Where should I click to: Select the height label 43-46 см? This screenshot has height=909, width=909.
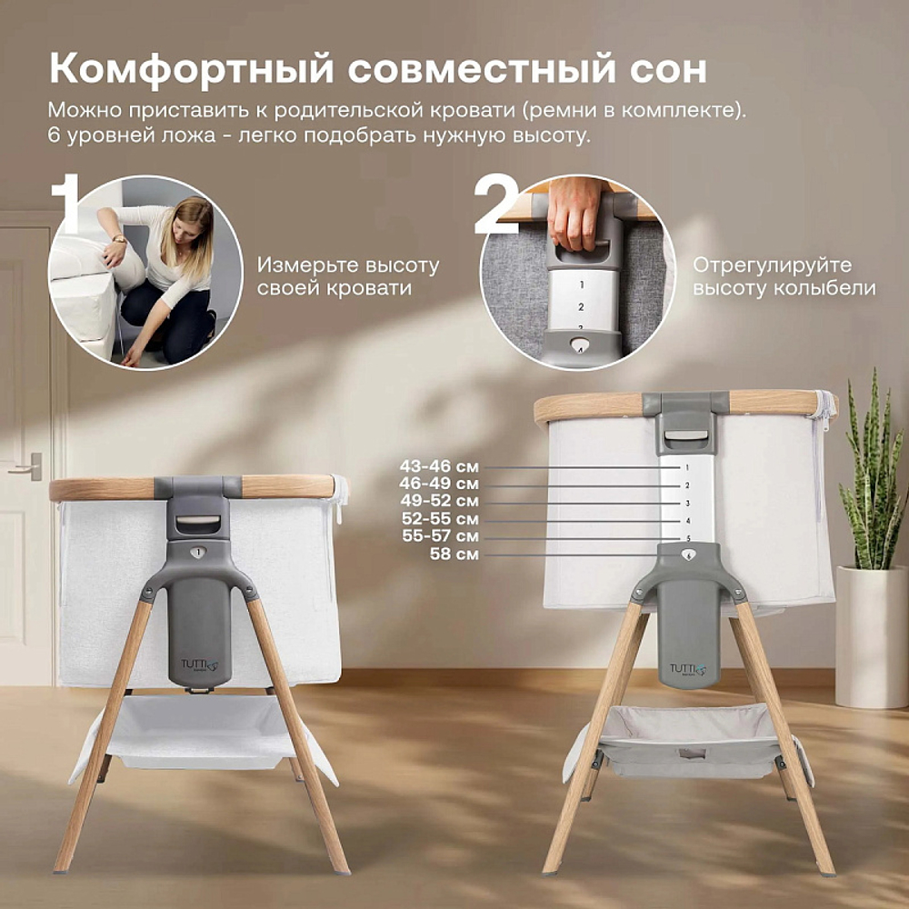(x=439, y=466)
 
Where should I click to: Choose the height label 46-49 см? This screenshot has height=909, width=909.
(x=439, y=484)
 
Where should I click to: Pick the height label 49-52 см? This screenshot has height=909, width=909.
(x=439, y=501)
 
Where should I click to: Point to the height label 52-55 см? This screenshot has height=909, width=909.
(x=439, y=519)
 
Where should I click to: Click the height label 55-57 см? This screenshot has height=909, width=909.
(x=439, y=536)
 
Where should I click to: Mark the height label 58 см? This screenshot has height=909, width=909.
(x=455, y=554)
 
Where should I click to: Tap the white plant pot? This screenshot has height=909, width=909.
(x=871, y=635)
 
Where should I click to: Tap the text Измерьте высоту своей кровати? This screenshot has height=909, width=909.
(x=347, y=276)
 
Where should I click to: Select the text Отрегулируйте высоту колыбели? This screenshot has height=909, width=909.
(x=784, y=276)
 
